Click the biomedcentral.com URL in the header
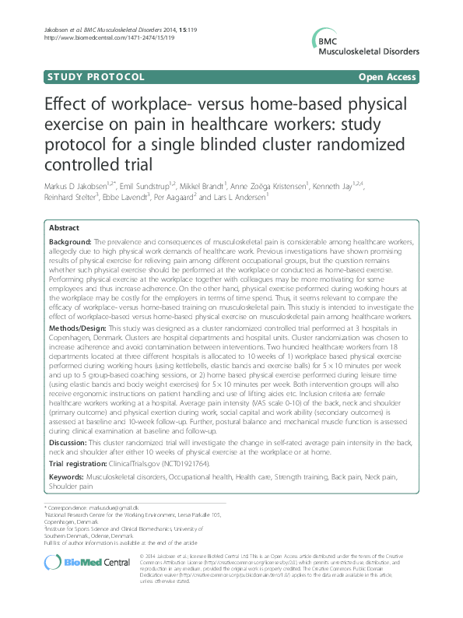(x=98, y=37)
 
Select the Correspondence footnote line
(x=79, y=507)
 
